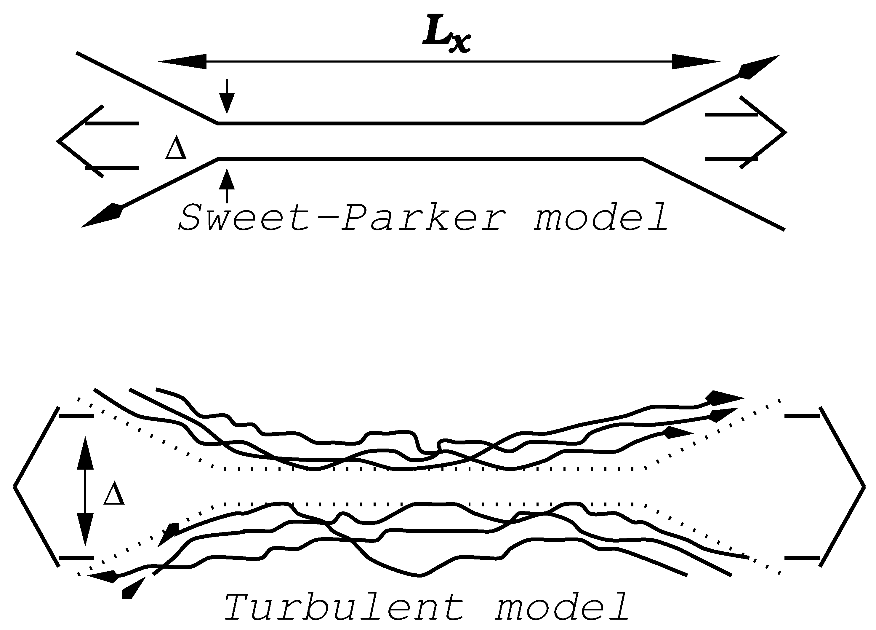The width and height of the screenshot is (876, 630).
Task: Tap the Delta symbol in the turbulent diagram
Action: [x=114, y=495]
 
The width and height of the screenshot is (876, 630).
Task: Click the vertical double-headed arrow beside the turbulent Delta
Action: [x=85, y=491]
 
